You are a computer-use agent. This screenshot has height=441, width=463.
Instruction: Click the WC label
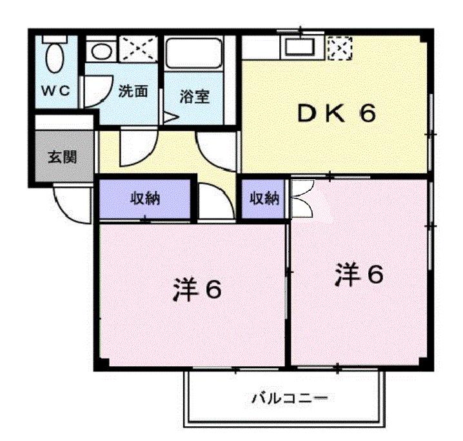click(56, 91)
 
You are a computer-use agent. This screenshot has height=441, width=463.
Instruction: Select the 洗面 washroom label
click(133, 91)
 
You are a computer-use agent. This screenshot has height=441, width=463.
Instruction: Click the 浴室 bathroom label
click(193, 97)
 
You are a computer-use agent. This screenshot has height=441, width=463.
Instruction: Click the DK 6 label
click(335, 115)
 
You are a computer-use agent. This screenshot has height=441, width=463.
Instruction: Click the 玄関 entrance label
click(63, 157)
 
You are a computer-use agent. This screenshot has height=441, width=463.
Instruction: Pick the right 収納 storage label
click(264, 199)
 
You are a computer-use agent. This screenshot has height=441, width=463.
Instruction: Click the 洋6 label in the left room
click(197, 289)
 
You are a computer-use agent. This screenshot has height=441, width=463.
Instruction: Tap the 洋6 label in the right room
click(359, 275)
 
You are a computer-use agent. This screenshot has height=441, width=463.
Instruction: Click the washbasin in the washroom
click(101, 49)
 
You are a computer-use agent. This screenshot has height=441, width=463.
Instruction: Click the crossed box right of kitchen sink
click(339, 47)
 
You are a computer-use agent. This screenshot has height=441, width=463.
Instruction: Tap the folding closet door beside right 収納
click(302, 199)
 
